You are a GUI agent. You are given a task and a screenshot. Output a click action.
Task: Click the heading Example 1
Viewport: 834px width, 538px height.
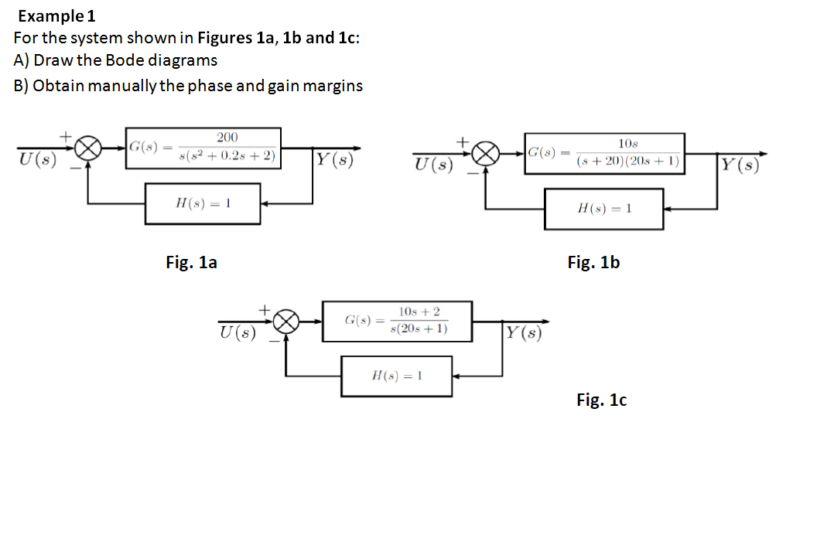tap(56, 15)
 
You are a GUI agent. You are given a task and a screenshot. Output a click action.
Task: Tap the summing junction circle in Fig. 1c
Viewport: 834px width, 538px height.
tap(288, 322)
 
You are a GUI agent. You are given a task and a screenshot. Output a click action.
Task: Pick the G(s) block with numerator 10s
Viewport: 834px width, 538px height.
tap(605, 153)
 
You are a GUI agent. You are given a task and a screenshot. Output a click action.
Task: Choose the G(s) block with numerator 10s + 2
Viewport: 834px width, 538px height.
tap(396, 321)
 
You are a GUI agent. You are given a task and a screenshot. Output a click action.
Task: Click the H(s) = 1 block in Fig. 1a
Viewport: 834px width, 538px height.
tap(203, 203)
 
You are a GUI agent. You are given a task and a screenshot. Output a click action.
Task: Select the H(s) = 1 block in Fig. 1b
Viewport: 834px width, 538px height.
tap(603, 209)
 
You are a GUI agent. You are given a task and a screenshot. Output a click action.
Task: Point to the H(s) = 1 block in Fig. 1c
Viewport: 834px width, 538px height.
tap(396, 376)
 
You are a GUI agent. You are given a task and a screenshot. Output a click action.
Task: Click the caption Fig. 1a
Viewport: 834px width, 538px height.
tap(192, 263)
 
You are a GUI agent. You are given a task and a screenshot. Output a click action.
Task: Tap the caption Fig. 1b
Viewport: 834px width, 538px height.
tap(593, 263)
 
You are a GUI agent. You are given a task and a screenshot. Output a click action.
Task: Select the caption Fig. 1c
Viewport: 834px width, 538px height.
tap(601, 400)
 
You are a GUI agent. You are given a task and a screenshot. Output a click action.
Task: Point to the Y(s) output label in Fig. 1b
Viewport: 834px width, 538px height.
tap(738, 165)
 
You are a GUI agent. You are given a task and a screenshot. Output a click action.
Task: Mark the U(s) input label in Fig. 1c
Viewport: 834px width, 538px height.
tap(236, 333)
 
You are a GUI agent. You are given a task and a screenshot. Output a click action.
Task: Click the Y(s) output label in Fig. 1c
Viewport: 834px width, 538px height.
tap(523, 333)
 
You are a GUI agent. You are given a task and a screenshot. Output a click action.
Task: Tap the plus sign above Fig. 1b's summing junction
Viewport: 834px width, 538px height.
tap(463, 141)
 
